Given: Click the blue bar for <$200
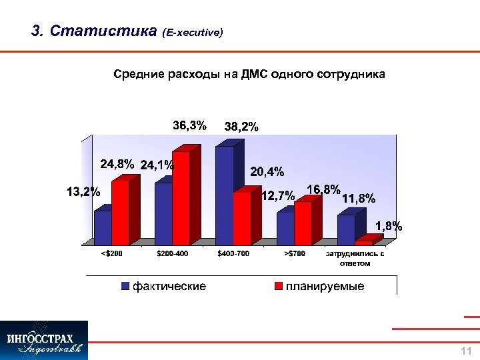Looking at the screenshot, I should [103, 228].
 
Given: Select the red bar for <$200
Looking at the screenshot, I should [120, 213].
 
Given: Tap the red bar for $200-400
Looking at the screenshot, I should [181, 197].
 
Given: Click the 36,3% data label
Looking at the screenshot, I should [189, 125].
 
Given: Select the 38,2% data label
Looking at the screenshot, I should [241, 126].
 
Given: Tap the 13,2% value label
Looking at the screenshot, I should [83, 193].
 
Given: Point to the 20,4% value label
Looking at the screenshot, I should [267, 172].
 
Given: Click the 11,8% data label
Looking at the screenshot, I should [359, 198].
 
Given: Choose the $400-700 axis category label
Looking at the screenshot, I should [233, 254].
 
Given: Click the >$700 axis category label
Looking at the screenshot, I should [294, 254].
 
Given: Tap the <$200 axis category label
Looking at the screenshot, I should [111, 254].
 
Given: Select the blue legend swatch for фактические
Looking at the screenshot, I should [125, 287].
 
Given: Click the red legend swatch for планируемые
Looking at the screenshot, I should [277, 287].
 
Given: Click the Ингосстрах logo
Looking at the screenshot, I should [44, 340].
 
